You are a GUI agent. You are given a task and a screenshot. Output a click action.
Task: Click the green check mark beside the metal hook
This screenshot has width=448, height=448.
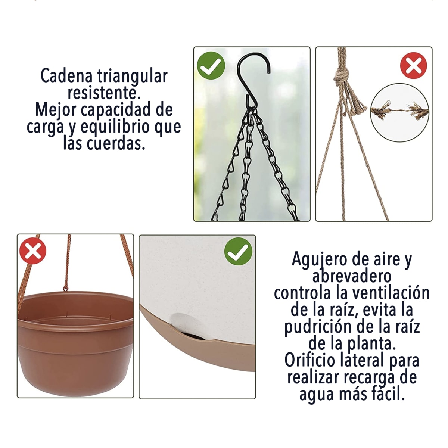[x=211, y=65]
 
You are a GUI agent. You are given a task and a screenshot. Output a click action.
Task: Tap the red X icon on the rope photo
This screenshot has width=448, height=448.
[x=413, y=66]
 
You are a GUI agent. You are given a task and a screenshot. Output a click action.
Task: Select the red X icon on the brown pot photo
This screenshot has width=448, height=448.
[x=33, y=251]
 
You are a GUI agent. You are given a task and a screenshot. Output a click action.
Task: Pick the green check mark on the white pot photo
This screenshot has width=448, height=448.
[x=238, y=251]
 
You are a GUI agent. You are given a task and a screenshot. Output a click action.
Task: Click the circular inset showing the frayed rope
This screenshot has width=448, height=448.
[x=399, y=112]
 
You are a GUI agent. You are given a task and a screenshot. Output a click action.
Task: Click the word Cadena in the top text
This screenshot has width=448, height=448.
[x=66, y=76]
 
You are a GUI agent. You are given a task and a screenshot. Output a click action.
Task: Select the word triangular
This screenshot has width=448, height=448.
[x=132, y=77]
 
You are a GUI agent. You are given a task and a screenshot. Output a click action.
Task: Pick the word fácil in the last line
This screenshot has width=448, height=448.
[x=388, y=394]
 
